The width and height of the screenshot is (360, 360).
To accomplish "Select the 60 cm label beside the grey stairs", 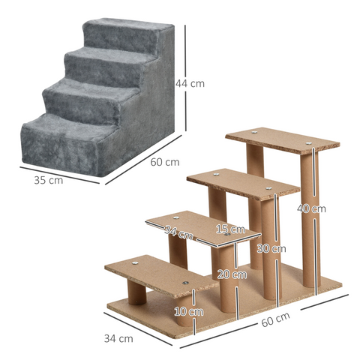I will pos(164,162).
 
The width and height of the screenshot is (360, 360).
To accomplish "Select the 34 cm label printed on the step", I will pos(179,234).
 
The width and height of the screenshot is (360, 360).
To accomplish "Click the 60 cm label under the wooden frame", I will pos(275,318).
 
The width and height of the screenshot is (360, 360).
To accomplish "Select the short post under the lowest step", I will pos(136,291).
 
